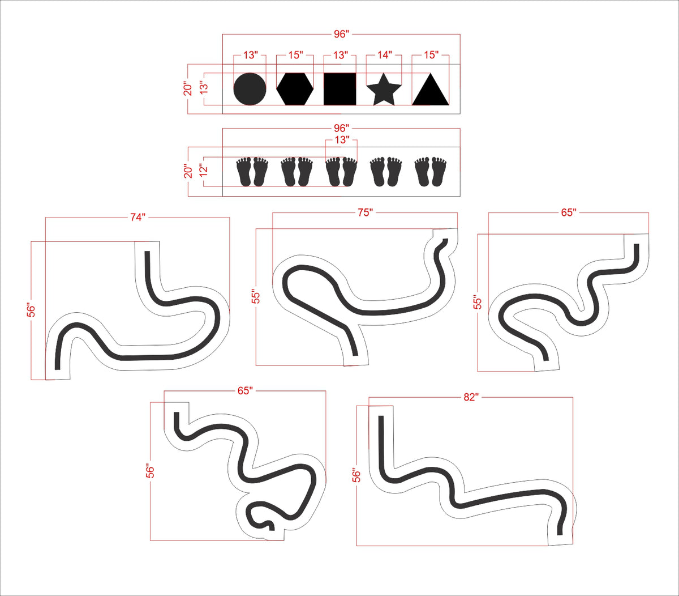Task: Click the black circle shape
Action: coord(250,89)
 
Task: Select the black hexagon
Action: coord(295,89)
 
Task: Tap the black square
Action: coord(340,89)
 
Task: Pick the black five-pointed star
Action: coord(384,90)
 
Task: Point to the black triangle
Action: coord(431,90)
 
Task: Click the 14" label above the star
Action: coord(384,55)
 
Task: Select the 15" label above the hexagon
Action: coord(295,55)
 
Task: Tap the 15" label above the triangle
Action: coord(431,55)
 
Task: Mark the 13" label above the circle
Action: coord(250,55)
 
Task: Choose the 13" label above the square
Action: coord(341,55)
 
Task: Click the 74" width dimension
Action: coord(137,218)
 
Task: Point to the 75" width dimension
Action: coord(365,212)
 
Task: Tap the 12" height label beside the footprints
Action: coord(204,170)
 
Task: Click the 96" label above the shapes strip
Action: coord(341,34)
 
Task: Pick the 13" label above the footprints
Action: coord(342,140)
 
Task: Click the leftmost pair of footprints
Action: coord(252,172)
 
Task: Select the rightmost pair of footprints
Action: coord(431,172)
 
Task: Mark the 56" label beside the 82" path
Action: coord(357,475)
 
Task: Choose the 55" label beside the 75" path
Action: coord(256,296)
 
